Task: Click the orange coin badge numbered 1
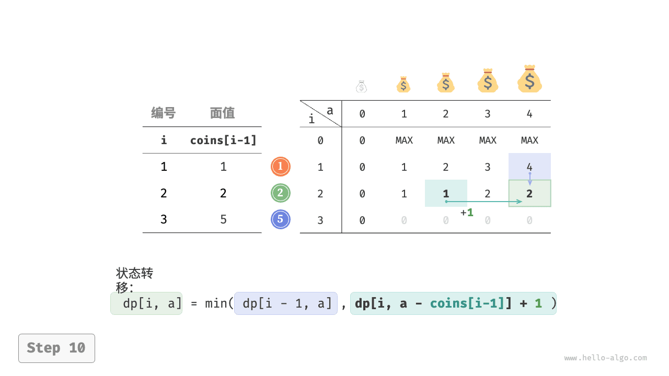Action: (x=281, y=167)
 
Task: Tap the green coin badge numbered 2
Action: (x=281, y=193)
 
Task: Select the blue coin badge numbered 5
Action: (x=281, y=219)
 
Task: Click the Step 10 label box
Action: (x=56, y=348)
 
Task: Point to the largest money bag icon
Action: (x=529, y=79)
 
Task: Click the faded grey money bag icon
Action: (x=362, y=86)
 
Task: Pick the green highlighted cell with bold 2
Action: (x=529, y=194)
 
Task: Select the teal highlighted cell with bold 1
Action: (x=446, y=193)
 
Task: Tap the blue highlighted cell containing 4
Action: (x=529, y=166)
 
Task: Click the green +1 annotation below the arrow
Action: (x=467, y=213)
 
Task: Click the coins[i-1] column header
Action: (x=223, y=140)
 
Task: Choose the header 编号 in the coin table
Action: (x=164, y=113)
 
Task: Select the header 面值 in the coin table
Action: (x=223, y=113)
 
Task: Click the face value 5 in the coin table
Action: (x=223, y=219)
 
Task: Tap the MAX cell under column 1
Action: (x=404, y=140)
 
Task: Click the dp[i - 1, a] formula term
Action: (x=286, y=303)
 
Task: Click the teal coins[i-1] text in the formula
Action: (x=467, y=303)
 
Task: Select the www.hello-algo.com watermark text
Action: (x=606, y=358)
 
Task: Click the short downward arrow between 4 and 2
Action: (x=529, y=179)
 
